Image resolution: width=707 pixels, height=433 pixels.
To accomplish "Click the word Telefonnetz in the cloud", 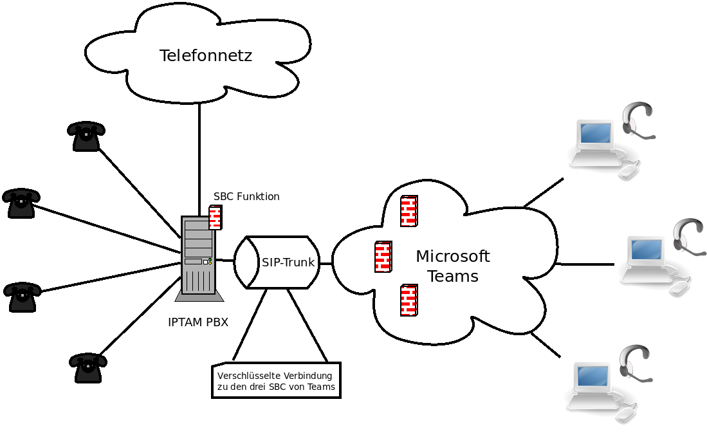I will coord(205,56).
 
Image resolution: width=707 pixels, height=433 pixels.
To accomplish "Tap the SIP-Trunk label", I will coord(288,263).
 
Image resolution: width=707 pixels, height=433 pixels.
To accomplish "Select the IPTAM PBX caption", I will coord(197,322).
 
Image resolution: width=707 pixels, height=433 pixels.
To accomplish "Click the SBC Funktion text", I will coord(246,197).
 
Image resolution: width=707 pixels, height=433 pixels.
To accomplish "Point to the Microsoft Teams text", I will coord(453,266).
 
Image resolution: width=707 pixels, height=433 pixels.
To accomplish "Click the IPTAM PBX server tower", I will coord(198,256).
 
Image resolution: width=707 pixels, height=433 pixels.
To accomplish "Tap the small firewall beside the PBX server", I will coord(216,217).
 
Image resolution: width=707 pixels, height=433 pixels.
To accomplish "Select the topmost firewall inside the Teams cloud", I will coord(409,211).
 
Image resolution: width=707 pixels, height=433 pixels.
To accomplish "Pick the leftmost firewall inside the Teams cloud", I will coord(383,257).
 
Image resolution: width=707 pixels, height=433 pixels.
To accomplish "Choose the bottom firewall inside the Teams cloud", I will coord(409,300).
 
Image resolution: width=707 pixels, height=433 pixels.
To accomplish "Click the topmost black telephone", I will coord(86,136).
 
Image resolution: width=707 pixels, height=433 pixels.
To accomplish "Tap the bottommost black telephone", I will coord(87,367).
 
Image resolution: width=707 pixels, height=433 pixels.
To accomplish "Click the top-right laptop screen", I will coord(594,134).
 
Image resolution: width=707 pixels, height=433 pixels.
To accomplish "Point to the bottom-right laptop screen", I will coord(592,376).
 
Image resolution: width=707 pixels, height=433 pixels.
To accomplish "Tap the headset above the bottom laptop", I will coord(635,364).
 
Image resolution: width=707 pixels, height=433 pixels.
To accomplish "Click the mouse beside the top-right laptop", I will coord(629,170).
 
